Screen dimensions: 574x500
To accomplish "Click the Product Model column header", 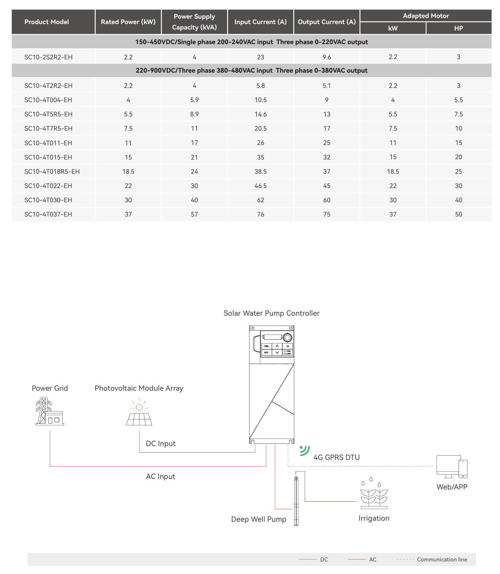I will pos(46,22).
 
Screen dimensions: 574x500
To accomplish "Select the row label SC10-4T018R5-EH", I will pos(52,172).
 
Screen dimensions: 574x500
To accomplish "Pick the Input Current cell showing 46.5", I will pos(260,186).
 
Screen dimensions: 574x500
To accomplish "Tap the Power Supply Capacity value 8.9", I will pos(194,114).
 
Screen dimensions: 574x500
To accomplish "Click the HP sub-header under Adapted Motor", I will pos(458,29).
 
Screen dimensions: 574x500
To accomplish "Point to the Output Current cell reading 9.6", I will pos(326,57).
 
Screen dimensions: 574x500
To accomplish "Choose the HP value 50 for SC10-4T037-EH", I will pos(458,215).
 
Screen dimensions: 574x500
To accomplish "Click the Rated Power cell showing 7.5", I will pos(128,129).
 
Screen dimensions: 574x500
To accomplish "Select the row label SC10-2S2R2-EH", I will pos(48,57).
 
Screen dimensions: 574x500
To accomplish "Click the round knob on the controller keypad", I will pos(287,337).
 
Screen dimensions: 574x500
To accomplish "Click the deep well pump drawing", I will pos(296,501).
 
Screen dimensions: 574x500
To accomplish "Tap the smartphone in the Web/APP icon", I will pos(463,469).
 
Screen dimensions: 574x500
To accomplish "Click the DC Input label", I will pos(160,444).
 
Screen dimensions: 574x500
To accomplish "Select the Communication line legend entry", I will pos(442,559).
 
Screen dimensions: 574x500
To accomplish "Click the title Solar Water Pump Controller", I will pos(271,313).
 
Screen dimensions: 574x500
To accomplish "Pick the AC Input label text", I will pos(160,477).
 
